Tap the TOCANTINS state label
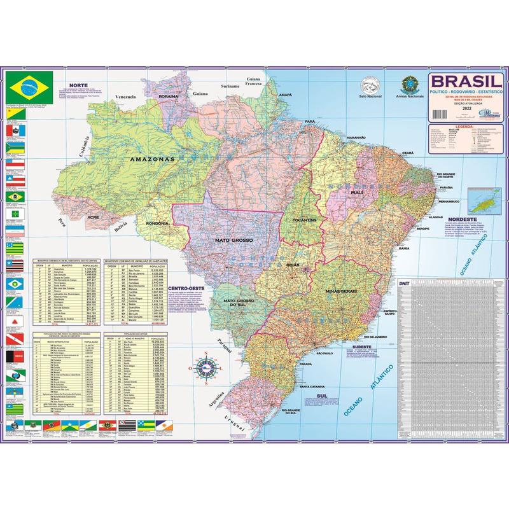click(x=305, y=220)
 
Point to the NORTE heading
click(x=78, y=84)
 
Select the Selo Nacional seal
click(x=370, y=85)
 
